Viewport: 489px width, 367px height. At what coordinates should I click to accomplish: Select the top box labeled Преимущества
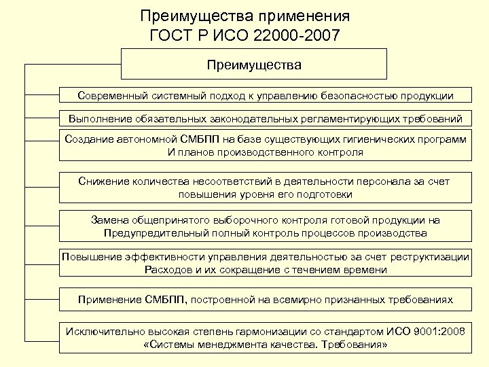click(254, 65)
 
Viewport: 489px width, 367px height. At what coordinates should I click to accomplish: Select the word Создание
click(89, 139)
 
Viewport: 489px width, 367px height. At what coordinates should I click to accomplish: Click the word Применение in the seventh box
click(109, 299)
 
